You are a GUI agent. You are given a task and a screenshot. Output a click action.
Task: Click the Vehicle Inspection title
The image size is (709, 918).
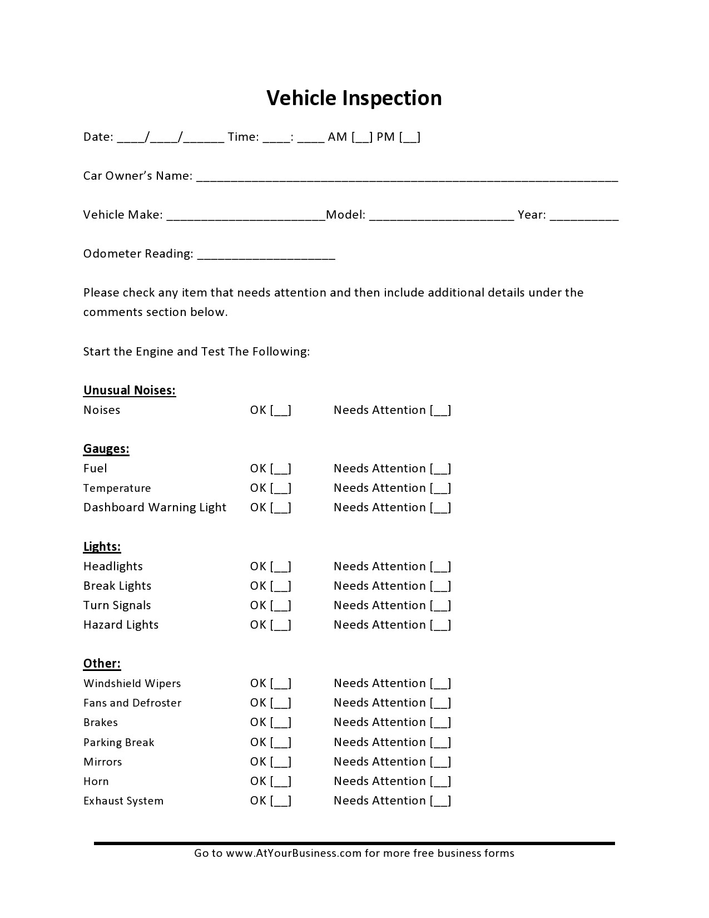(354, 98)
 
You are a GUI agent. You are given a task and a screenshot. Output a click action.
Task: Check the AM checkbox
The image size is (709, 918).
(362, 137)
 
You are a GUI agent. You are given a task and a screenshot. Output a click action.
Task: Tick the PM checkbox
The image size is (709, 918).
(410, 137)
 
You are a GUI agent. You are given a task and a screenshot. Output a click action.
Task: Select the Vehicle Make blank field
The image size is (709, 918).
(245, 216)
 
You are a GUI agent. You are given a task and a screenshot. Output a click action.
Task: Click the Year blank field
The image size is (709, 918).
(584, 216)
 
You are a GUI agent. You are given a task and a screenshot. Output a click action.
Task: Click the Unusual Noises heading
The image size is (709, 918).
(130, 391)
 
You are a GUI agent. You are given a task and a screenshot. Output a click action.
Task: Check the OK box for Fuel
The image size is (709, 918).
(281, 469)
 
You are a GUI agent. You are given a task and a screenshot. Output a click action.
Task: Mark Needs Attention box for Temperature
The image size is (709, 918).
(440, 488)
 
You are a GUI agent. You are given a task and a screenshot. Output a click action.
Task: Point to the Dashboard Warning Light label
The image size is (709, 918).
(155, 507)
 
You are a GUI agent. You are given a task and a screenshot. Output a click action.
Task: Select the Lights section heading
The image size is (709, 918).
(102, 547)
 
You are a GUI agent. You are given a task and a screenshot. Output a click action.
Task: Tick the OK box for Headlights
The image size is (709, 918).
(281, 567)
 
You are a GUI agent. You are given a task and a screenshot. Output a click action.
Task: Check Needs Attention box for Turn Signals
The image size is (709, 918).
(440, 606)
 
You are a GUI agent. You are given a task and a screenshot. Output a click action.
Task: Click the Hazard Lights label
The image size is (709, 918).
(121, 625)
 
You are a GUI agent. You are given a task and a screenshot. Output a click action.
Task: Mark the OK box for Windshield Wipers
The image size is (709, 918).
(281, 684)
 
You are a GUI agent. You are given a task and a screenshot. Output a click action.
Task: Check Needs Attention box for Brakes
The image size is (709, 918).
(440, 723)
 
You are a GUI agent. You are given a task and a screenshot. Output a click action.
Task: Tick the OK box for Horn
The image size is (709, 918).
(281, 782)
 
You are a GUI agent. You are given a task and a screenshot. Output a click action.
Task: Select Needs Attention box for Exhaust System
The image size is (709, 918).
(440, 801)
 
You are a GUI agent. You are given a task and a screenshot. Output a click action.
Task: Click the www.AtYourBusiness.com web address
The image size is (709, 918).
(294, 853)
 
